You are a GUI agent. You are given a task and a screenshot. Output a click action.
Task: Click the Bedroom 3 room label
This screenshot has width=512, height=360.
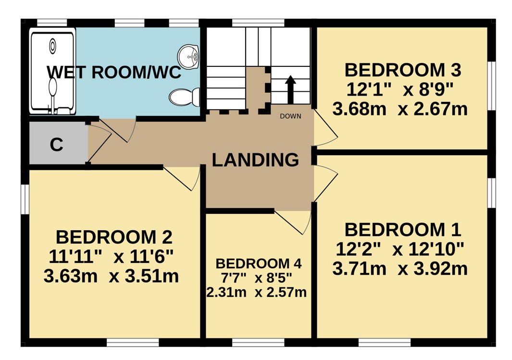click(402, 70)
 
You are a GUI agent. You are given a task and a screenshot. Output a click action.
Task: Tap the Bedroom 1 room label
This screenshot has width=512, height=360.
click(402, 230)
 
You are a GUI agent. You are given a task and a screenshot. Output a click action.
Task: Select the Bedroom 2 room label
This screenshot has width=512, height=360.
click(114, 237)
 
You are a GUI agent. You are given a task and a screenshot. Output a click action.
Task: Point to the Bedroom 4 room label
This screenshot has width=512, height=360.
click(259, 264)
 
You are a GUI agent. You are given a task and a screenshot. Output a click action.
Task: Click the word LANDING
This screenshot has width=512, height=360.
click(255, 160)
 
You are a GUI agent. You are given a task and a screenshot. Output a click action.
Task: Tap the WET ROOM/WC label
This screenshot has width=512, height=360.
click(114, 72)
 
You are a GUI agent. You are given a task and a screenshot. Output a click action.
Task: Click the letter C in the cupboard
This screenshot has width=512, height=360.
click(57, 145)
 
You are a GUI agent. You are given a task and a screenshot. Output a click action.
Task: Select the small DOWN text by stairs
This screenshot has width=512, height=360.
click(290, 116)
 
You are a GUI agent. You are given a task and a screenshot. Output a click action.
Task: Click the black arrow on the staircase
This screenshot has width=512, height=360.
click(290, 90)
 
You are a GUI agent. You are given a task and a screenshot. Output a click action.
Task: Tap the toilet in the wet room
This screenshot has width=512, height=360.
click(185, 97)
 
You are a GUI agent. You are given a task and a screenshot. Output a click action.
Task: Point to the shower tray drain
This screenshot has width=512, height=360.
click(52, 46)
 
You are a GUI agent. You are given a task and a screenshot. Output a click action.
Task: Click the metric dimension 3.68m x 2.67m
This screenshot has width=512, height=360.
click(400, 109)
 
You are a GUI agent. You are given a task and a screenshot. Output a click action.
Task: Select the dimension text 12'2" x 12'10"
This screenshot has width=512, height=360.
click(400, 250)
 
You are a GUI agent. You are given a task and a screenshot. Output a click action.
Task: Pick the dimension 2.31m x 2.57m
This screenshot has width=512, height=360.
click(257, 292)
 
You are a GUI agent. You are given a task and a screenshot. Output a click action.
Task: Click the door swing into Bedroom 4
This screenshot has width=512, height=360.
click(293, 223)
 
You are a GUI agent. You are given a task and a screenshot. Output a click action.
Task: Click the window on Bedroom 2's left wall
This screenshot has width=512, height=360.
click(25, 199)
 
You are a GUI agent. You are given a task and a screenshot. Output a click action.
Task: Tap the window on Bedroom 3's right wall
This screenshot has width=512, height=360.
click(492, 86)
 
